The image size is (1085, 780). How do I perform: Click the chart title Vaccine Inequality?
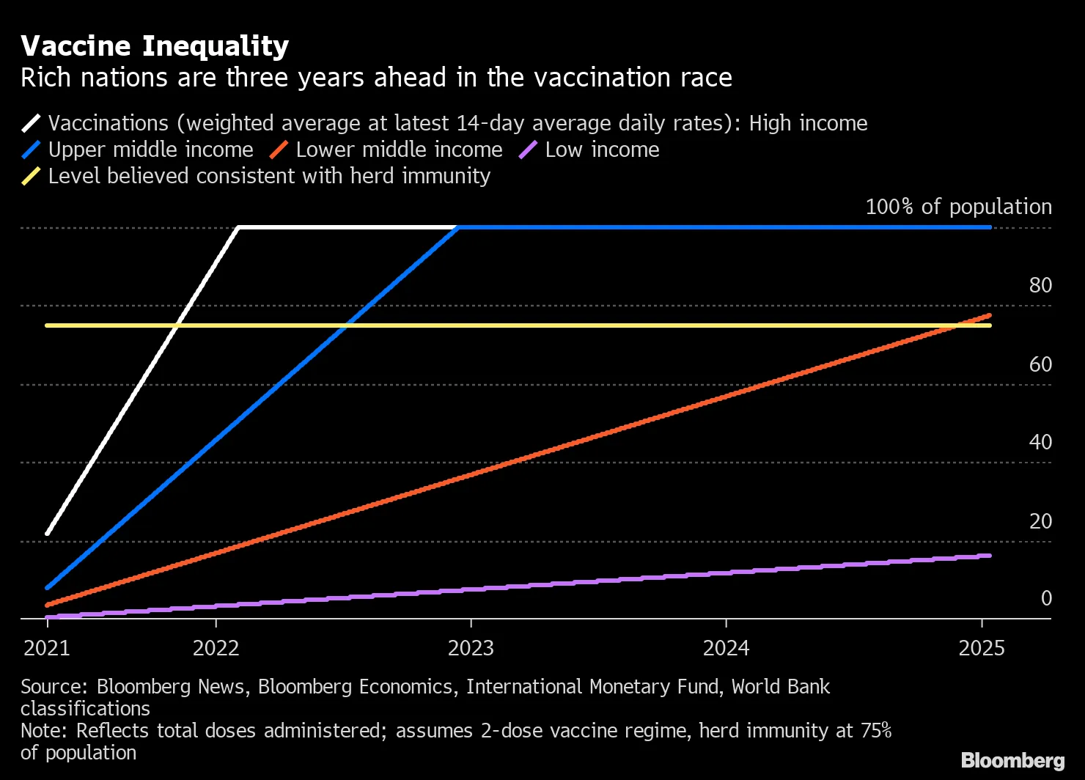coord(155,46)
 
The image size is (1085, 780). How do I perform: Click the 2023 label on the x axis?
coord(471,648)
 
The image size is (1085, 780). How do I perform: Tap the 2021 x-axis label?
coord(47,648)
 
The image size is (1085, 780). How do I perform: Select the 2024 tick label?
coord(726,648)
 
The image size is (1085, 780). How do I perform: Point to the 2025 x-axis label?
coord(981,648)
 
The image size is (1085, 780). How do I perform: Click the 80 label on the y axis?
coord(1040,285)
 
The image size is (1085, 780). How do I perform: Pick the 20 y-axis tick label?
coord(1040,521)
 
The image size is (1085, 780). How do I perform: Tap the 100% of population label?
coord(958,207)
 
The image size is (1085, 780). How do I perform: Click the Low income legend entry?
coord(602,150)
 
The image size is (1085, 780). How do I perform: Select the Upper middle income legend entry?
coord(150,150)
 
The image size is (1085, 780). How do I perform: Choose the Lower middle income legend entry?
coord(399,150)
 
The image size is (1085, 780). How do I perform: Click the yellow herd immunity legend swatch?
coord(31,177)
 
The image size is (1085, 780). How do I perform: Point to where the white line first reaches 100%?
coord(239,227)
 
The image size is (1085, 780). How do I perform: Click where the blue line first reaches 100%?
coord(459,227)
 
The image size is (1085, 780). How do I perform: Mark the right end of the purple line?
coord(990,556)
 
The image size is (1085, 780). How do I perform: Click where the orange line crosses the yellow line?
coord(957,325)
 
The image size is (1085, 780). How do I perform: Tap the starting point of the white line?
coord(47,533)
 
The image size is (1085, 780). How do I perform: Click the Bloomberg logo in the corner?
coord(1012,760)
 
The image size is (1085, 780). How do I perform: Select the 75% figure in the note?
coord(875,731)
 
